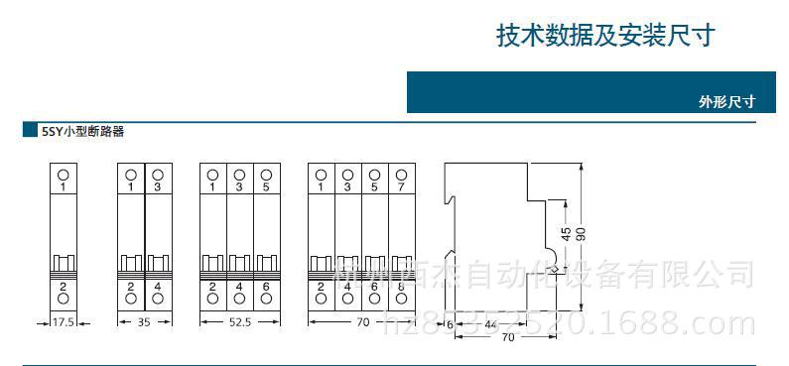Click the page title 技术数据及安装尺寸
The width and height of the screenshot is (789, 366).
click(604, 36)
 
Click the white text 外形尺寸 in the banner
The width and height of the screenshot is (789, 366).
click(726, 101)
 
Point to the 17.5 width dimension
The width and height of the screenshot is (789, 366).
click(64, 322)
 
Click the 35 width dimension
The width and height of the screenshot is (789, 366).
click(145, 322)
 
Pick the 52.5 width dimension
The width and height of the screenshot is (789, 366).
click(240, 322)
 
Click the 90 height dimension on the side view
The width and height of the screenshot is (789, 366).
click(582, 234)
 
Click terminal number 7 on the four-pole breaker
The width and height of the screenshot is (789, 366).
click(400, 186)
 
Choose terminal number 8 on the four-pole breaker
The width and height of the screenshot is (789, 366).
click(400, 286)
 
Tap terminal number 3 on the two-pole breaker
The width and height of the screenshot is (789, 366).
click(158, 186)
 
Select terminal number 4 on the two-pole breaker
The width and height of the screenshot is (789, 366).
click(158, 286)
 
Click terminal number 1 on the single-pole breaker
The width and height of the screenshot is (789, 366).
click(64, 186)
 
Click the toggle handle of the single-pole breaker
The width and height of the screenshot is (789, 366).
click(64, 263)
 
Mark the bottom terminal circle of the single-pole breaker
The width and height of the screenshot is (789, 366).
click(64, 299)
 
